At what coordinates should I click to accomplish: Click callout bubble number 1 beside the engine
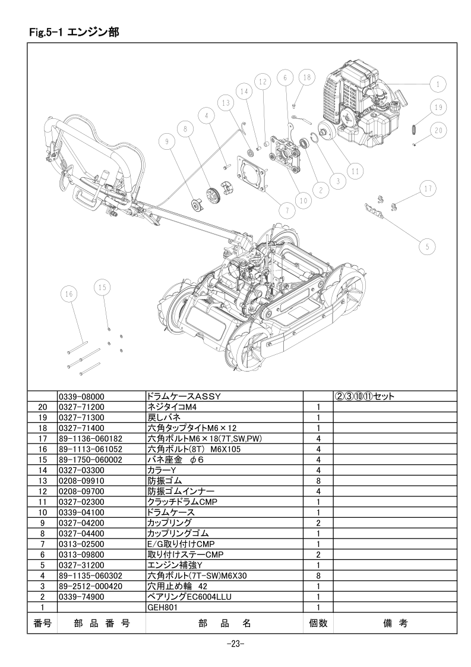pos(438,84)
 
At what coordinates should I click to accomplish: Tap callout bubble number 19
pos(438,107)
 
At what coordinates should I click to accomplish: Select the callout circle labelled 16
pos(69,294)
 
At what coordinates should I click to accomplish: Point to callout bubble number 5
pos(427,246)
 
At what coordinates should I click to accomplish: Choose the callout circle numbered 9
pos(167,141)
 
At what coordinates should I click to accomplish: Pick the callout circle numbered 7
pos(287,210)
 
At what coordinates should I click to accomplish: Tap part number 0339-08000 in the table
pos(81,397)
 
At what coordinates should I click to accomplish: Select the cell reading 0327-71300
pos(81,418)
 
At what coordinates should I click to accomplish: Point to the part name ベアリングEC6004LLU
pos(189,597)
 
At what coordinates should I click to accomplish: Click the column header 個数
pos(318,624)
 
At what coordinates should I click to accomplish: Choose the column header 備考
pos(396,624)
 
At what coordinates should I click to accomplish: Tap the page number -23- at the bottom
pos(235,644)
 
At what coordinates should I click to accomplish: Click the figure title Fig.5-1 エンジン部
pos(74,32)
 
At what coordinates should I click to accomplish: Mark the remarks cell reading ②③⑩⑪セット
pos(365,397)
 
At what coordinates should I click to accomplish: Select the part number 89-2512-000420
pos(90,586)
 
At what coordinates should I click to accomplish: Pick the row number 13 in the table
pos(43,481)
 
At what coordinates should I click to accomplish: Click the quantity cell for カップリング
pos(318,523)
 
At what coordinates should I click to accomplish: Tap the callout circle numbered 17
pos(428,188)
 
